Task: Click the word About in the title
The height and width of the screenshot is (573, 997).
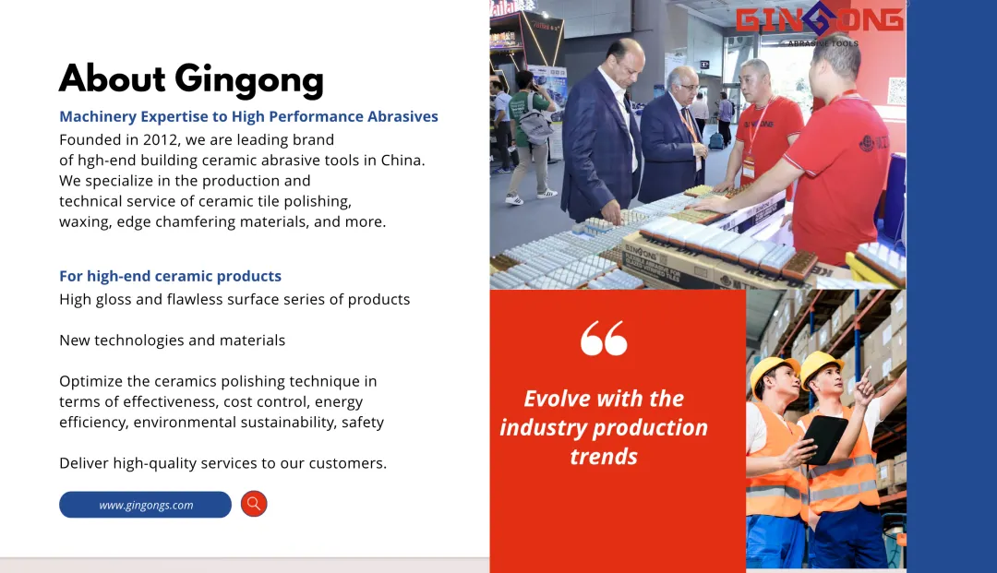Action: pos(113,78)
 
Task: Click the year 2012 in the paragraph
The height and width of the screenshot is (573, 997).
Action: pos(161,139)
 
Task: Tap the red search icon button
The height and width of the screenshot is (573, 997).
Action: pos(254,504)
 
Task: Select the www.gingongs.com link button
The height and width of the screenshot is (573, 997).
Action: pos(145,505)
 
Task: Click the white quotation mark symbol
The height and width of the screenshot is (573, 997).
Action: pos(604,338)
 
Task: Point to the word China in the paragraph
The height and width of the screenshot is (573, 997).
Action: pos(402,160)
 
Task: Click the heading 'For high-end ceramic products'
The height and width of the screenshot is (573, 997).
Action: pos(171,276)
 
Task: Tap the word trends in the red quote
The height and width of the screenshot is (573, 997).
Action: pos(604,456)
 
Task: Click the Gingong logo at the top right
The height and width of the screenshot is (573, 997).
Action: pos(819,23)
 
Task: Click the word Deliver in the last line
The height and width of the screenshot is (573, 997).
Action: pos(84,463)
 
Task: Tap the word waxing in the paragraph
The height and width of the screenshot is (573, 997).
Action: pos(85,222)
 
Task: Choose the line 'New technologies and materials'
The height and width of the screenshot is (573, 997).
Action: pos(173,340)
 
